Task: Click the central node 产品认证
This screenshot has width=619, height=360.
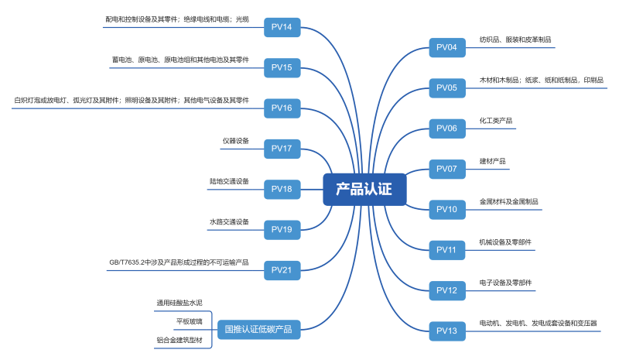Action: click(364, 189)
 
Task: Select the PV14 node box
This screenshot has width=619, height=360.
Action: click(282, 27)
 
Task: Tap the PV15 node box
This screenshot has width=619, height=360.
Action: click(282, 67)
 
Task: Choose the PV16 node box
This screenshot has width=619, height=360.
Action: click(282, 108)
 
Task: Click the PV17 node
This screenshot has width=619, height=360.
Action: click(282, 148)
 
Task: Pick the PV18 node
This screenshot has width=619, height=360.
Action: click(282, 189)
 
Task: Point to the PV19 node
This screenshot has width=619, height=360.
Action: click(282, 229)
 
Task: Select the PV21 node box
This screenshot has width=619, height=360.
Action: click(282, 269)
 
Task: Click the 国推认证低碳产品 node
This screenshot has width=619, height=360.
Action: click(258, 329)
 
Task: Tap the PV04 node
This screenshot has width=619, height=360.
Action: click(447, 47)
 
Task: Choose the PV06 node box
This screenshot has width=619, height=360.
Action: click(447, 128)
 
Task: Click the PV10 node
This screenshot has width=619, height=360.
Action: click(447, 209)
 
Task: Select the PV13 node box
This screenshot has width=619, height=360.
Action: click(447, 331)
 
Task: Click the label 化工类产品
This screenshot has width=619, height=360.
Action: click(496, 121)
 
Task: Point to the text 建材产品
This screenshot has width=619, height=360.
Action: click(493, 161)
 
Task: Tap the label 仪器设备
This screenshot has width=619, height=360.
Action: click(236, 141)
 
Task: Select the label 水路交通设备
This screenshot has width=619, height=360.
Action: click(229, 222)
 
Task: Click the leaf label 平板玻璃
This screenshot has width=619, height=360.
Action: click(190, 321)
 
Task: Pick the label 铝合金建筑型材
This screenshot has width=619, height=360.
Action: click(180, 339)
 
